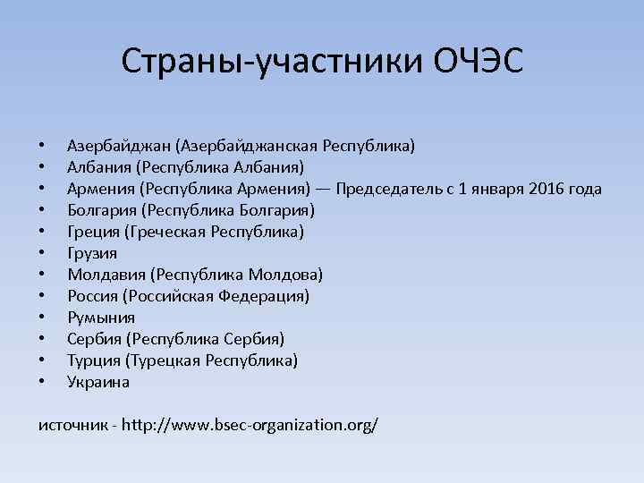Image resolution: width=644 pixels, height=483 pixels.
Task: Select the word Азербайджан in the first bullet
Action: click(x=118, y=146)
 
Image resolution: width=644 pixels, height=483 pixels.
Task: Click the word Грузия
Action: click(x=92, y=253)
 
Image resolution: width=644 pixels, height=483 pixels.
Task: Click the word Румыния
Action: click(x=101, y=318)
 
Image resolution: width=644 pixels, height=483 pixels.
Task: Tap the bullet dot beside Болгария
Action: click(x=41, y=211)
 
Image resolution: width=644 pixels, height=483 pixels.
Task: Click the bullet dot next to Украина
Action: click(x=41, y=383)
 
